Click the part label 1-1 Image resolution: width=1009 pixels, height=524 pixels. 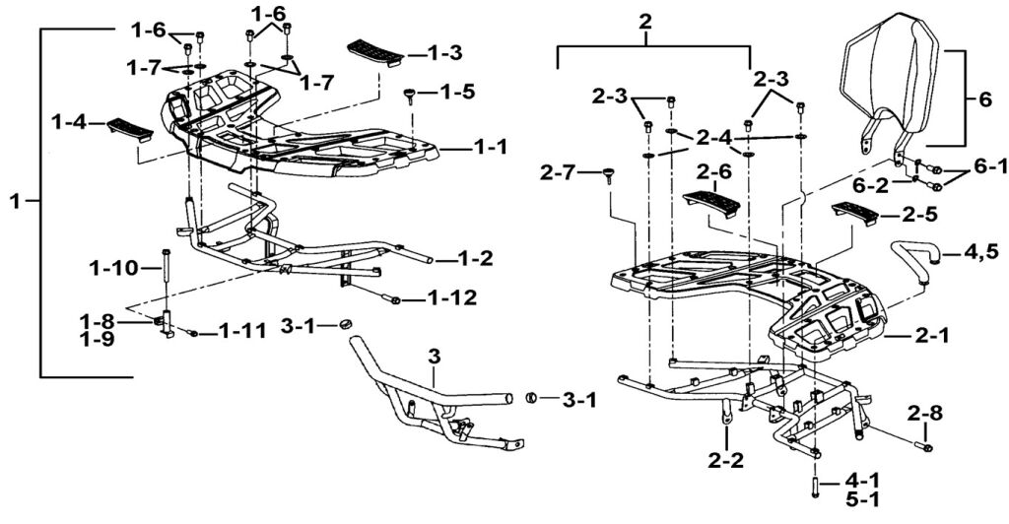tap(490, 147)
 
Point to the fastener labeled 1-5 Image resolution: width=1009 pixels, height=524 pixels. tap(407, 95)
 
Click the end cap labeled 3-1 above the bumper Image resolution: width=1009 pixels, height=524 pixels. tap(344, 324)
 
